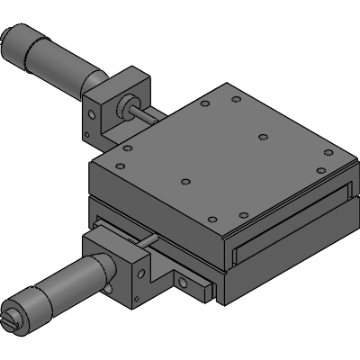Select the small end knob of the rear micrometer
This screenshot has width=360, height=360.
click(x=12, y=40)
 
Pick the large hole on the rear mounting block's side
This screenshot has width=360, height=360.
click(x=93, y=113)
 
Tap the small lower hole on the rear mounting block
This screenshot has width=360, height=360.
click(x=87, y=134)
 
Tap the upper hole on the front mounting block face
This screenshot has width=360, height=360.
click(x=139, y=269)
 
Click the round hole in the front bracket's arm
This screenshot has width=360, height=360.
click(x=184, y=283)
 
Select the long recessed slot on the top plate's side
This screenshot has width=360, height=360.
click(x=288, y=220)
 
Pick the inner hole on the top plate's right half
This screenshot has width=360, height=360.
click(x=263, y=137)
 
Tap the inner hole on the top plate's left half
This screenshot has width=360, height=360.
click(x=184, y=180)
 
